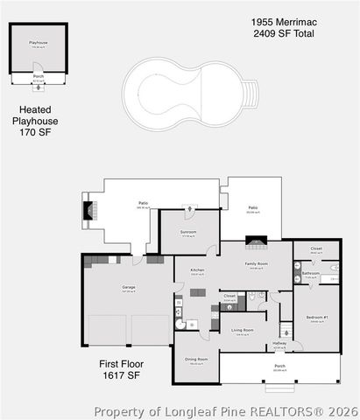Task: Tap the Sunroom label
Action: pos(188,232)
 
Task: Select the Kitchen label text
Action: pos(197,270)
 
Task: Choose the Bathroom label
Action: pos(311,273)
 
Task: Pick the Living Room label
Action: pos(243,330)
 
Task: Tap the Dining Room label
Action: pos(196,359)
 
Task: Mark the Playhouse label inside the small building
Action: pos(38,42)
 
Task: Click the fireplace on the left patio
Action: pos(87,211)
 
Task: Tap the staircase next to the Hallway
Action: pos(285,330)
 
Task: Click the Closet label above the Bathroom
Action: pos(316,248)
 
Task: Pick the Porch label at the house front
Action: pos(279,365)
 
